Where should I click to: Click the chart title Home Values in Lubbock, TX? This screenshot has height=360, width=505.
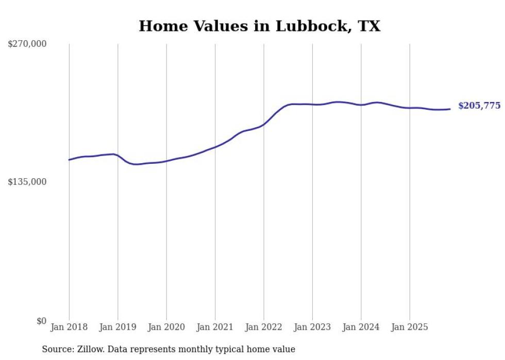259,26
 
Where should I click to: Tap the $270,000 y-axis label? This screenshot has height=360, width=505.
27,44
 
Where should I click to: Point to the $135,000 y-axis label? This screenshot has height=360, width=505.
27,182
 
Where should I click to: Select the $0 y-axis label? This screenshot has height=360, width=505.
41,321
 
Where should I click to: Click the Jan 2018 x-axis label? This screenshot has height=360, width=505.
69,327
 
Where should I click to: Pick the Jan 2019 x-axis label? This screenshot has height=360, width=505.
117,327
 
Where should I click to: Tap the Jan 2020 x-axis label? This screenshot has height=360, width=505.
166,327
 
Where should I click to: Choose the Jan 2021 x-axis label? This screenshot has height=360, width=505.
215,327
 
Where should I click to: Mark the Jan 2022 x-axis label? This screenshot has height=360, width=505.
264,327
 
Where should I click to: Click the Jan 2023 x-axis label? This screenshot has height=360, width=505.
312,327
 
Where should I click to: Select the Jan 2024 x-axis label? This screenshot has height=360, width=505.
361,327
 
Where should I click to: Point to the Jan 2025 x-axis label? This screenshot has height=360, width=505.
410,327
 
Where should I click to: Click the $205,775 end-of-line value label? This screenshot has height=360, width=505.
479,106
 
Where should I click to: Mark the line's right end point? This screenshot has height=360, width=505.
450,109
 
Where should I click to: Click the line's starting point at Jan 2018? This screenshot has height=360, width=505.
69,160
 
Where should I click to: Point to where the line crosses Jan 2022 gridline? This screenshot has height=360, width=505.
264,124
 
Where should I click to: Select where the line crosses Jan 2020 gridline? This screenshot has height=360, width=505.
166,161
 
